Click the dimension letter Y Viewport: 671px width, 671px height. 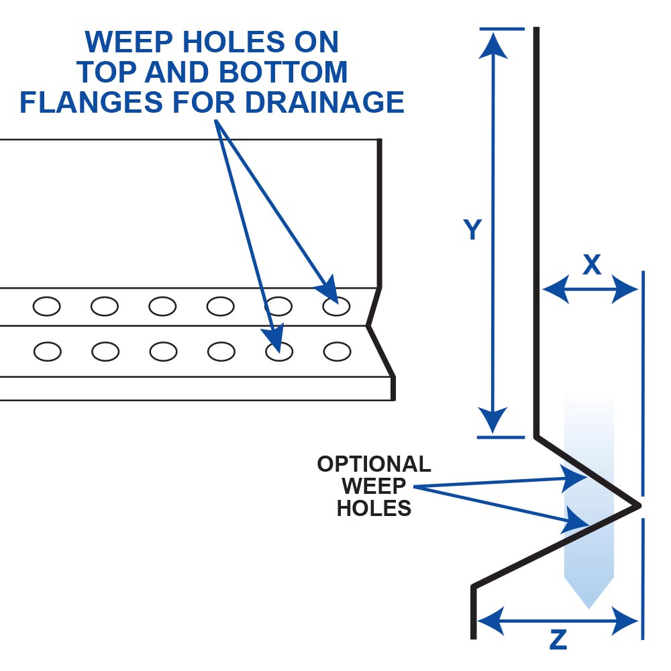click(x=473, y=230)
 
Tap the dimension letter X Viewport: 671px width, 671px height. click(x=591, y=266)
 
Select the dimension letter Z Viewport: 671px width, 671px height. click(x=558, y=640)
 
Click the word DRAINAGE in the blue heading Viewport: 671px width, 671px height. click(x=323, y=102)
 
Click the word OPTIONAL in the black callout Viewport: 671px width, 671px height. click(x=374, y=464)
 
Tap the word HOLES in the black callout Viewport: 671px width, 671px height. click(x=374, y=508)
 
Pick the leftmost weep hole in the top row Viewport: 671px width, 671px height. click(x=46, y=307)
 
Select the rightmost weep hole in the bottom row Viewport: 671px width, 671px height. click(x=337, y=350)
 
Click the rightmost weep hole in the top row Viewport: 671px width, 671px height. click(x=336, y=307)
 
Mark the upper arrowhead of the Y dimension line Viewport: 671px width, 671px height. click(x=495, y=40)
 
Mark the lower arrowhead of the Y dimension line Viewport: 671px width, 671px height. click(x=495, y=424)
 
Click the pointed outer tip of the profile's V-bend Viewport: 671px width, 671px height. click(x=639, y=504)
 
